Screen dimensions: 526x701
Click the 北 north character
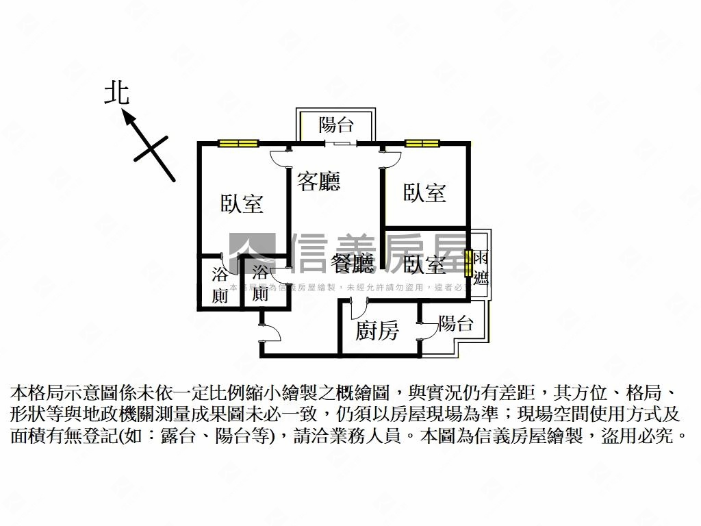[x=116, y=94]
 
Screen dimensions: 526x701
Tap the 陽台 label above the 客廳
[x=336, y=125]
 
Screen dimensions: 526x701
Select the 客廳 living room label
[x=318, y=181]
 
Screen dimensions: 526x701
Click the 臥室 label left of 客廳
[x=242, y=203]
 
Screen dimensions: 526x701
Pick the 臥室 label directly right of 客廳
[x=424, y=192]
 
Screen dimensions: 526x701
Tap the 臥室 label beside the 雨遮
[x=424, y=264]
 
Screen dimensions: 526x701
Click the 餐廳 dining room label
[x=352, y=263]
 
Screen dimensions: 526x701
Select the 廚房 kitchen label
[x=377, y=331]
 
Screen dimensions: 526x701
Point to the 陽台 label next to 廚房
[x=455, y=323]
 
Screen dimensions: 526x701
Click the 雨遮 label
[x=481, y=268]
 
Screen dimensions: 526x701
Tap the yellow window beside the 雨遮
[x=469, y=264]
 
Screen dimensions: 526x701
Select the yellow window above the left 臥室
[x=238, y=143]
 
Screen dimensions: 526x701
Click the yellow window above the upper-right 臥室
[x=421, y=143]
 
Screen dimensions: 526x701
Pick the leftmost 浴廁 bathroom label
[x=220, y=285]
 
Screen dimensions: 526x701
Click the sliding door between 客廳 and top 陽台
[x=340, y=143]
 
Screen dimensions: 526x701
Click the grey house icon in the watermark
[x=251, y=253]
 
